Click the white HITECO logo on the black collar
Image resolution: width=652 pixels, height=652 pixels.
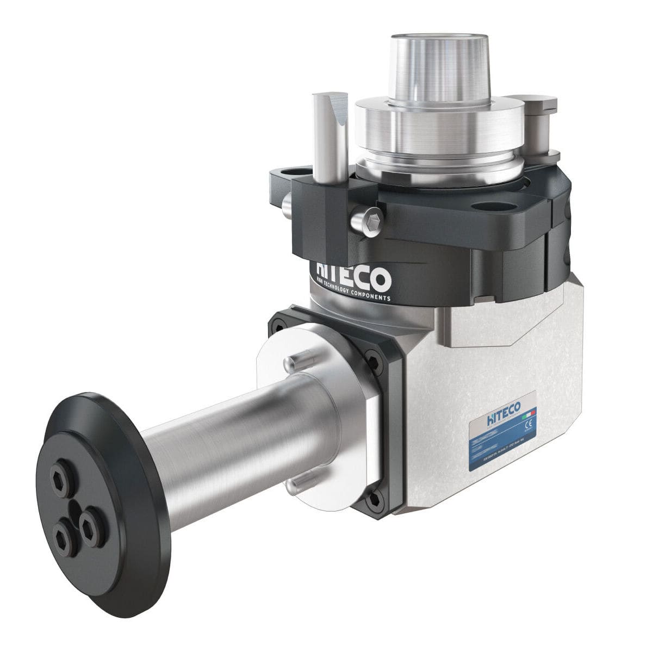353,278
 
